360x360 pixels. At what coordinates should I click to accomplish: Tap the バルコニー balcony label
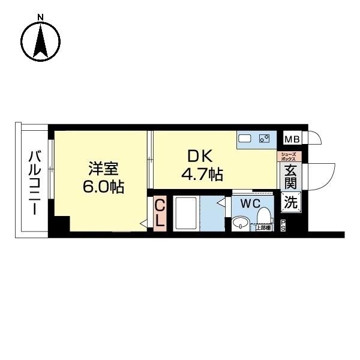click(x=34, y=184)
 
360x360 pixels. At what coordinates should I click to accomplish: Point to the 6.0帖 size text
click(x=103, y=187)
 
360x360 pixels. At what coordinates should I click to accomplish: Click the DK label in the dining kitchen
click(x=200, y=156)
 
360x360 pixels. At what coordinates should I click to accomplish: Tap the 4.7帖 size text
click(x=202, y=175)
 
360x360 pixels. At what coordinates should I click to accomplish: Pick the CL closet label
click(x=160, y=213)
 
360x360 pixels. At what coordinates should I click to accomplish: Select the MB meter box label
click(x=291, y=139)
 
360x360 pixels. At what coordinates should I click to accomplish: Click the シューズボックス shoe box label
click(x=290, y=157)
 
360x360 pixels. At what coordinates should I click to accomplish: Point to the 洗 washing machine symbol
click(x=290, y=203)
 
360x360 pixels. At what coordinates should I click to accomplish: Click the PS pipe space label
click(x=283, y=227)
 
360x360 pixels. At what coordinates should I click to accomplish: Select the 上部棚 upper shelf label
click(x=262, y=227)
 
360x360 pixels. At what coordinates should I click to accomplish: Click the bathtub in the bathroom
click(x=188, y=212)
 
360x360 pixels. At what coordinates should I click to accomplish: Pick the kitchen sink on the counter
click(x=245, y=139)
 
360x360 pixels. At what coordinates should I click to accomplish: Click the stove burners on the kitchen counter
click(x=264, y=139)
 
